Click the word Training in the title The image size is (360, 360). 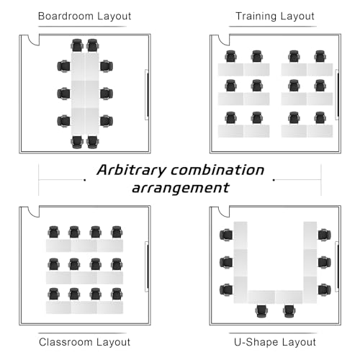coord(256,17)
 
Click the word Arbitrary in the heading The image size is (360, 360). coord(132,170)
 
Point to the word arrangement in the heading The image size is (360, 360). coord(181,188)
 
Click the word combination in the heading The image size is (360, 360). coord(217,170)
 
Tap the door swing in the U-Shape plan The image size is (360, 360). coord(224,212)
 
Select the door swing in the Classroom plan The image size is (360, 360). coord(34,212)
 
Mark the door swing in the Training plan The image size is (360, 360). coord(224,40)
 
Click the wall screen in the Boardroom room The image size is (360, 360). coord(147,95)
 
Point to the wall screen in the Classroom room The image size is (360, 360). coord(147,266)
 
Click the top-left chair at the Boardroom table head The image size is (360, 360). coord(77,45)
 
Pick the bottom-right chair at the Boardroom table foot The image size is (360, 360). coord(92,142)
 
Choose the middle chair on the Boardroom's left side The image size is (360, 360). coord(63,94)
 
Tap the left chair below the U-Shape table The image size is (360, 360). coord(262,311)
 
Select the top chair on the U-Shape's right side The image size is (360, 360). coord(325,235)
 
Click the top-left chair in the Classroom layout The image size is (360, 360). coord(53,232)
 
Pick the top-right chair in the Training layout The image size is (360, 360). coord(320,56)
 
